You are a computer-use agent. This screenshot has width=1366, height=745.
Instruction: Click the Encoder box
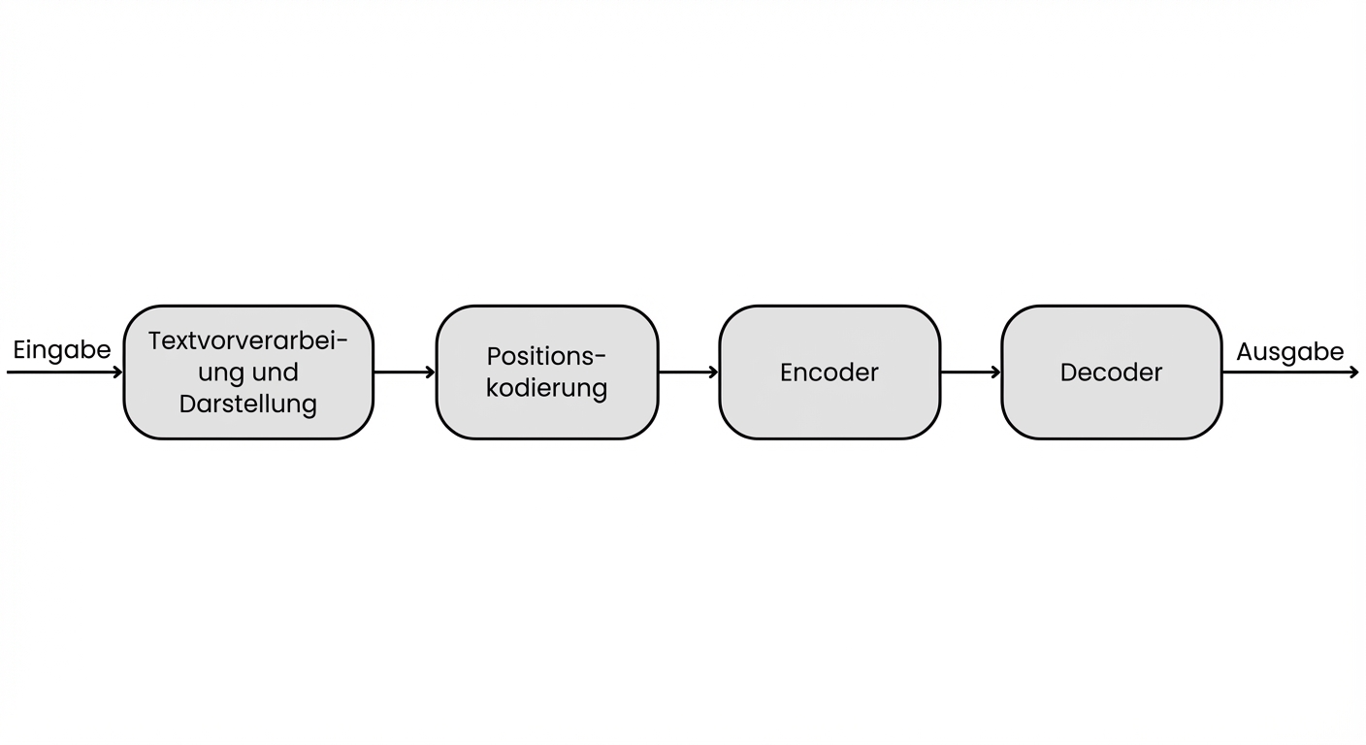829,372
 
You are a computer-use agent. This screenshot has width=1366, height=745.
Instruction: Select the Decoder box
1111,372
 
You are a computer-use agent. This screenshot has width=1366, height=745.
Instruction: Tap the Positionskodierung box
547,372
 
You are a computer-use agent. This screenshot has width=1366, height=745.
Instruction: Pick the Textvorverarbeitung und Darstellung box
248,372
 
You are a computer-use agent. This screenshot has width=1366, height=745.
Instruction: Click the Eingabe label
62,350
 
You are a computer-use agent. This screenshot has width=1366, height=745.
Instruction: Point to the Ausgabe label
1289,352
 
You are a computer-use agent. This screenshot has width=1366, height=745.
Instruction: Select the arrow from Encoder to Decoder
970,372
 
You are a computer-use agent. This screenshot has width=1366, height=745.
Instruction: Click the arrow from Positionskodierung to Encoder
688,372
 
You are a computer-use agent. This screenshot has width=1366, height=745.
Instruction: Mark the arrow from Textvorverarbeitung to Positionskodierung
405,372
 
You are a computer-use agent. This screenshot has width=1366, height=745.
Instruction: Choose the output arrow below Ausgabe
1290,372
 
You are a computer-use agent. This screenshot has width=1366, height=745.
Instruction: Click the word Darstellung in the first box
248,404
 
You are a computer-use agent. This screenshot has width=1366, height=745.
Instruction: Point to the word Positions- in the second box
547,356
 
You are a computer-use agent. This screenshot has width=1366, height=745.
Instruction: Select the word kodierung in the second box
547,388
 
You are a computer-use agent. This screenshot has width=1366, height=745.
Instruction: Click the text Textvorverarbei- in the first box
248,341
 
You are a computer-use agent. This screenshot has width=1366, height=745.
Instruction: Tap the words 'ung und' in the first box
248,372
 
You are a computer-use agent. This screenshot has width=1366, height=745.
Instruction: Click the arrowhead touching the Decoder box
995,372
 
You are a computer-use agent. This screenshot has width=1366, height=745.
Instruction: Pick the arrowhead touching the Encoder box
713,372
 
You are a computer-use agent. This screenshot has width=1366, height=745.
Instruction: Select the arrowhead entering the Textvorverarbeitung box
117,372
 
